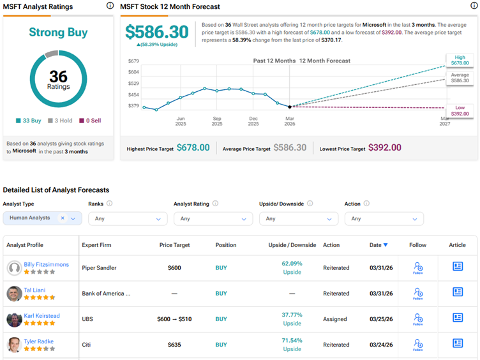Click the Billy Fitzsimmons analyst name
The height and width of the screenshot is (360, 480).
(x=46, y=264)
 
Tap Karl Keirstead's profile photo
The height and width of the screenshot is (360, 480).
(x=14, y=319)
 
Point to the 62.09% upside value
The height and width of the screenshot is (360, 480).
(x=292, y=263)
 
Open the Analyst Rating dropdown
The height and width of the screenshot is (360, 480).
(x=213, y=218)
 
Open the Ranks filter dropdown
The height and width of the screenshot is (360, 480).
(x=128, y=218)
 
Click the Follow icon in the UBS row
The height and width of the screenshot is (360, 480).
(x=418, y=319)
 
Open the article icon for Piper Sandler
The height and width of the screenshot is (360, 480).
(x=458, y=267)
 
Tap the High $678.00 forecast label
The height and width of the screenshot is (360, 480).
(x=460, y=60)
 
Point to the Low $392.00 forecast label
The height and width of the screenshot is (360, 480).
(x=460, y=110)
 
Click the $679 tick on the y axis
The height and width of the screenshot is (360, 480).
(x=133, y=61)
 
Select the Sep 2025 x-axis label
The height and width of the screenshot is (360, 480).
(x=217, y=121)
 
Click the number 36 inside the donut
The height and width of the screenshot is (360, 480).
(x=58, y=77)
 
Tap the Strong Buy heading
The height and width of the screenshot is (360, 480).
(x=58, y=32)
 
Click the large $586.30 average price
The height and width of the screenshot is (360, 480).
(x=157, y=32)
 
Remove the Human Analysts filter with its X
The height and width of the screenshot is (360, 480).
(x=63, y=218)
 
